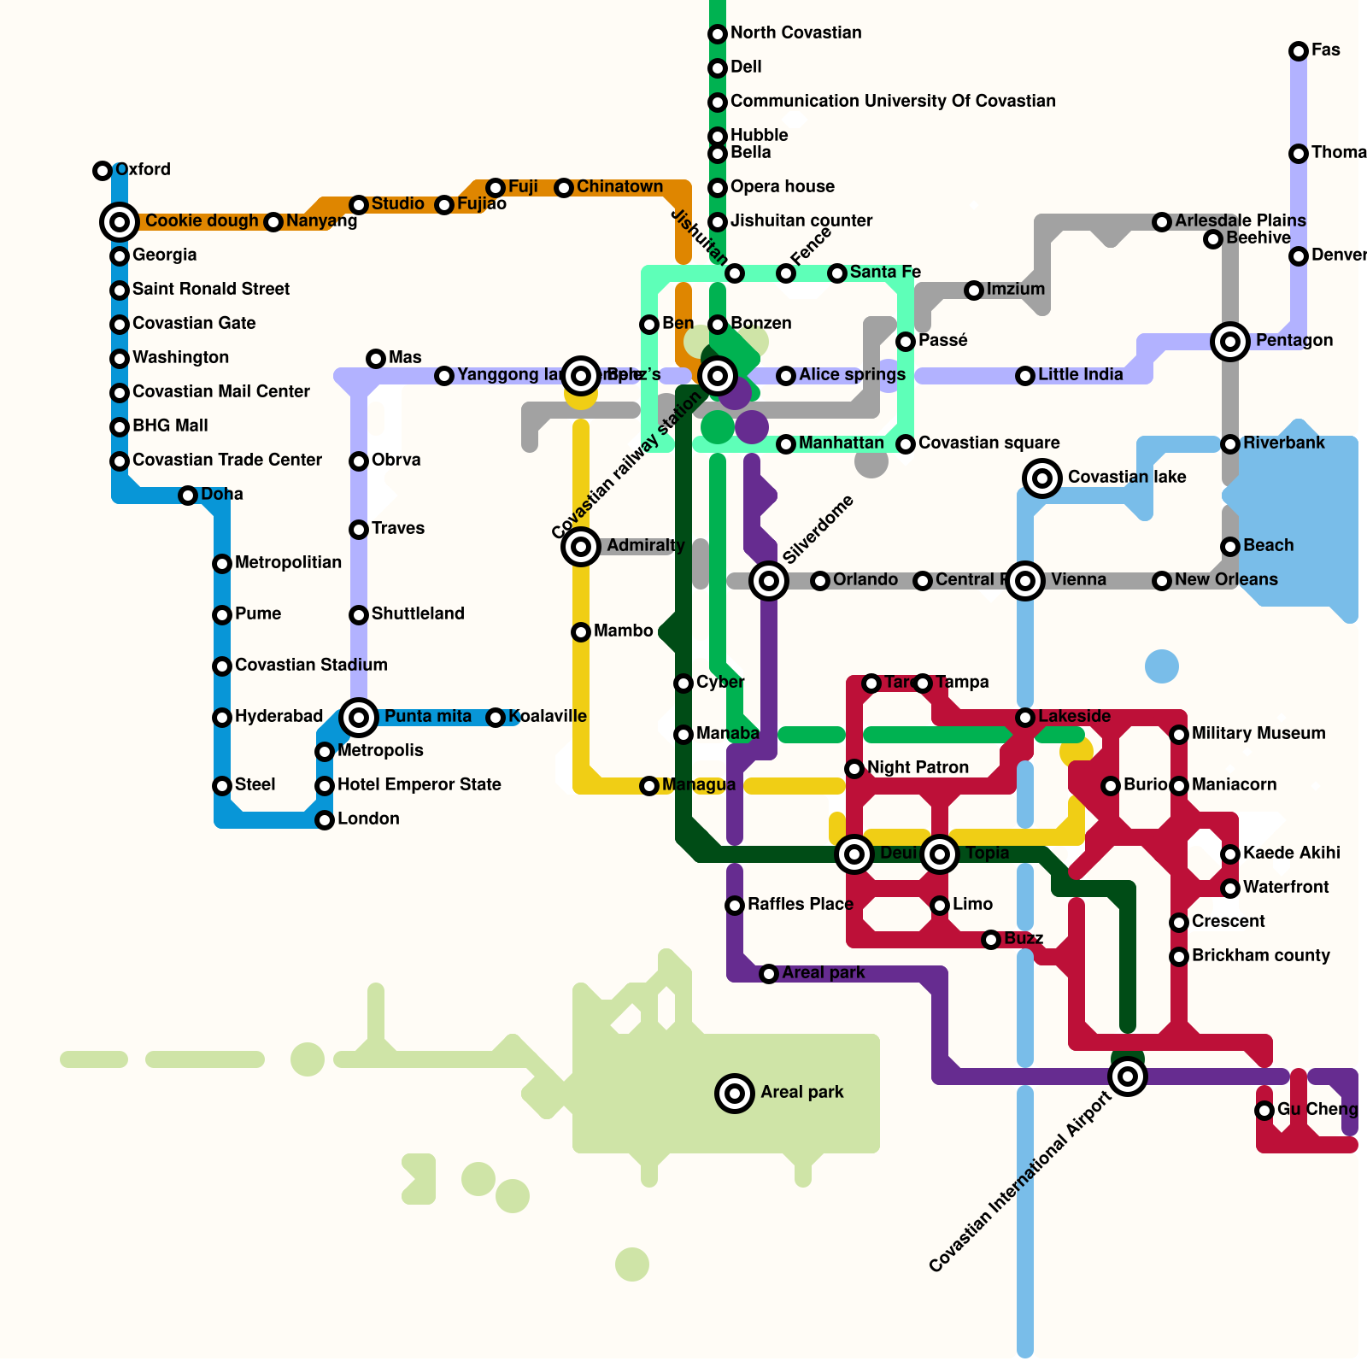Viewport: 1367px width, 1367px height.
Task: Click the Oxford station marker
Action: click(103, 171)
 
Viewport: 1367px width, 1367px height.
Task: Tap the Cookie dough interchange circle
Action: click(120, 222)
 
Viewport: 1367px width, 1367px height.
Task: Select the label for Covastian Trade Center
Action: click(226, 460)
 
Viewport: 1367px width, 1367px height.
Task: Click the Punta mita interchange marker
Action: click(359, 718)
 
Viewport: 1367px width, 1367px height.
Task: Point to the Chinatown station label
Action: click(619, 186)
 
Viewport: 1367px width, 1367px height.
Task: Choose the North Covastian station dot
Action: click(718, 34)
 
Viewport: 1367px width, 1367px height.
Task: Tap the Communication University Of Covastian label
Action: click(893, 101)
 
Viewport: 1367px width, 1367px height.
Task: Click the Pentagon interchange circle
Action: click(1230, 342)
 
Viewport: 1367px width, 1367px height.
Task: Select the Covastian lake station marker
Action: click(1042, 478)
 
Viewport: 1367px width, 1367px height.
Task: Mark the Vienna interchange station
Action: click(1025, 581)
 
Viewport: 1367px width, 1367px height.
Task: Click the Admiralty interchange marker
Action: click(581, 547)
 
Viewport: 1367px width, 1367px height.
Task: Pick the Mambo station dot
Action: click(581, 632)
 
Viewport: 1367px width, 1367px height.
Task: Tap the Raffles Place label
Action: click(800, 904)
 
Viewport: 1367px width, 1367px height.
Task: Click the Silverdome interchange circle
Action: click(769, 581)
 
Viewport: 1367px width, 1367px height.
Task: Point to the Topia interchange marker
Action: click(940, 854)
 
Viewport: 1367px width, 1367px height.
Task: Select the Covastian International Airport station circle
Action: click(1128, 1077)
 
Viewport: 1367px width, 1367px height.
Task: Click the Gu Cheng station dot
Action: click(1264, 1111)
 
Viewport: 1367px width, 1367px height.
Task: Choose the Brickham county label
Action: click(1260, 955)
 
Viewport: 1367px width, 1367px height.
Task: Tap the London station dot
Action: click(325, 820)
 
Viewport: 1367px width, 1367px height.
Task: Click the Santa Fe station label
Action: click(885, 272)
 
